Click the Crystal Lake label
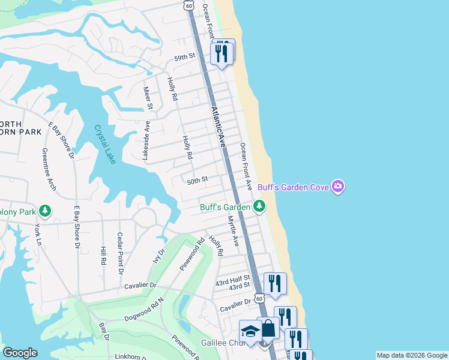[x=104, y=144]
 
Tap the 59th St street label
[x=185, y=56]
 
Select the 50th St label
[x=197, y=179]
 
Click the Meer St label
[x=147, y=98]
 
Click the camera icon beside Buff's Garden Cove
[x=338, y=187]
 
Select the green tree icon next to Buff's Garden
[x=259, y=207]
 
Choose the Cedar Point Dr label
[x=120, y=254]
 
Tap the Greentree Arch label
[x=49, y=170]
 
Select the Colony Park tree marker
[x=45, y=211]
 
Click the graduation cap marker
[x=250, y=331]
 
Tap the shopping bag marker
[x=268, y=328]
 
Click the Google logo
[x=20, y=353]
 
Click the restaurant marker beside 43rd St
[x=275, y=283]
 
